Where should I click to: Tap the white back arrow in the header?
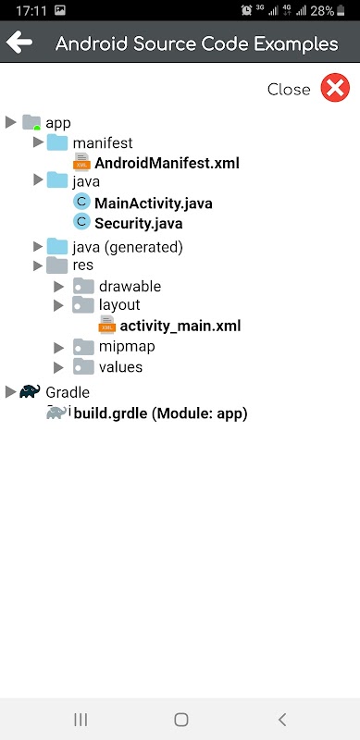19,43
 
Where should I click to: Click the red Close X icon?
335,88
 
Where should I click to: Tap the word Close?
289,89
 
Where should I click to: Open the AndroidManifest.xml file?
167,164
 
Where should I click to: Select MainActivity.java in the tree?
153,203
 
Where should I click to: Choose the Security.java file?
139,223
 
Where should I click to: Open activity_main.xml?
180,326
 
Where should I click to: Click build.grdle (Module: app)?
161,413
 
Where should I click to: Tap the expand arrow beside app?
11,123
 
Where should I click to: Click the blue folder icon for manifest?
57,142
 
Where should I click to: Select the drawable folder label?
130,287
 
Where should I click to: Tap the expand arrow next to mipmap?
58,348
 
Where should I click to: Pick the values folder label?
120,367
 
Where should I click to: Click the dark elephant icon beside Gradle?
30,391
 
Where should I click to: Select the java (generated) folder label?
128,247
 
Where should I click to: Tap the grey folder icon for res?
57,265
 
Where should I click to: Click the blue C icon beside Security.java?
81,222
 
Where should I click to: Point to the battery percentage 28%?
323,10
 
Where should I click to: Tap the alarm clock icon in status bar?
246,10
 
